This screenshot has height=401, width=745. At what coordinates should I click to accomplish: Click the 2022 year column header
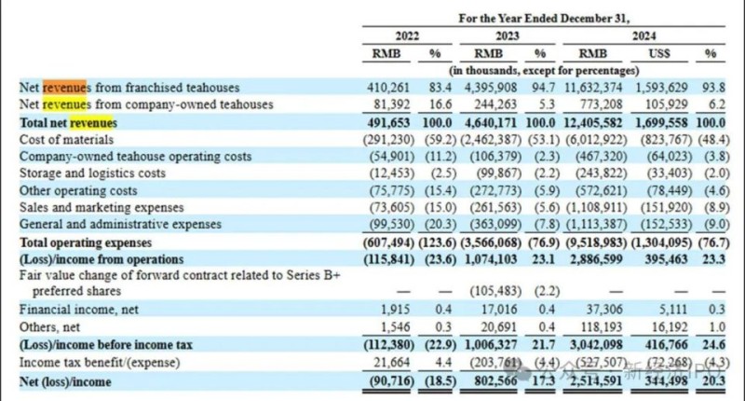tap(408, 36)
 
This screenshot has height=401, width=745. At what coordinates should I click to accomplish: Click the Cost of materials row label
tap(65, 139)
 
